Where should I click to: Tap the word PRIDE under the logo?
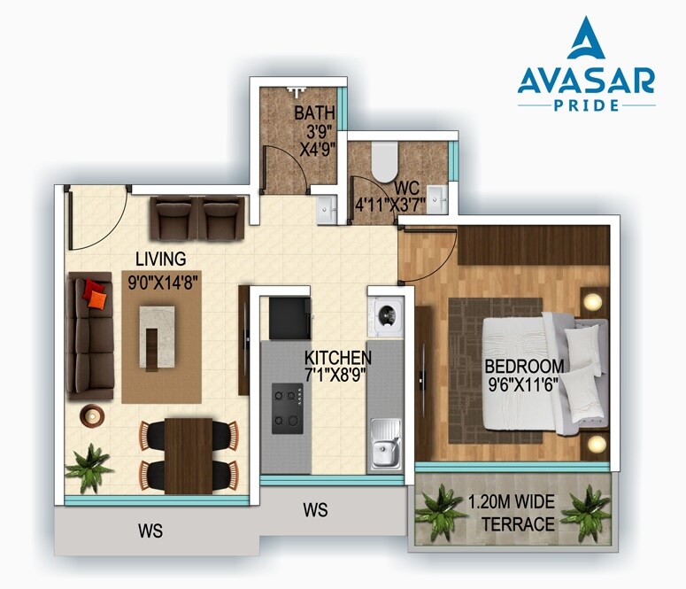pos(587,105)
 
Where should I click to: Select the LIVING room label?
pos(160,259)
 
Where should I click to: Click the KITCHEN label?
pos(337,357)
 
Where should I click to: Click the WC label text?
pos(408,188)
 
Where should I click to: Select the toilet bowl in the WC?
pos(384,159)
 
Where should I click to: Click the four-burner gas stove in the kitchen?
pos(287,407)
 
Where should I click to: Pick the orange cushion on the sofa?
pos(95,294)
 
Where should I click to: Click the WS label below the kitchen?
pos(315,510)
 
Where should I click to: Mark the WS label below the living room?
pos(150,531)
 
